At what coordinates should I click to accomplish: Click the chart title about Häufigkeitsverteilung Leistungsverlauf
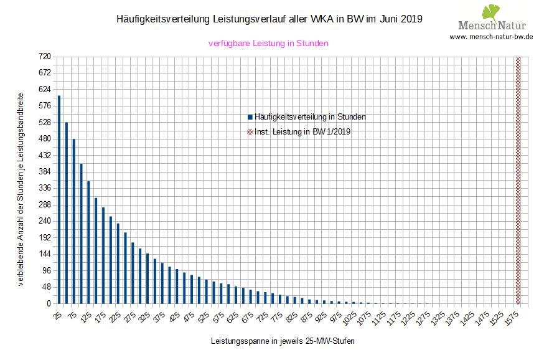[x=269, y=19]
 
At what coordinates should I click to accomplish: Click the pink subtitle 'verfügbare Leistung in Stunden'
[x=268, y=44]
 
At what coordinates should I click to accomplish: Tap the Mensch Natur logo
[x=492, y=19]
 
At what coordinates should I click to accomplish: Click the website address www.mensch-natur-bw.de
[x=491, y=37]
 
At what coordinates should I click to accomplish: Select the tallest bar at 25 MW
[x=59, y=199]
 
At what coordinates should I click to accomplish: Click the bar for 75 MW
[x=73, y=221]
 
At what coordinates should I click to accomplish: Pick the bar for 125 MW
[x=88, y=242]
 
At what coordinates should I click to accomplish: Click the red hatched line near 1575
[x=518, y=180]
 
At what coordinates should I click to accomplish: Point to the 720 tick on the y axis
[x=44, y=57]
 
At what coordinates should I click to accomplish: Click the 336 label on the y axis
[x=44, y=188]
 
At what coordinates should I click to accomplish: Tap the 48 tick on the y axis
[x=45, y=287]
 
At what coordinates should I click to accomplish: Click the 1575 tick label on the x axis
[x=512, y=318]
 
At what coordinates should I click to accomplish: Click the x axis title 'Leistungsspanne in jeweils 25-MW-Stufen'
[x=283, y=342]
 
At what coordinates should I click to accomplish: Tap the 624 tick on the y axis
[x=44, y=90]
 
